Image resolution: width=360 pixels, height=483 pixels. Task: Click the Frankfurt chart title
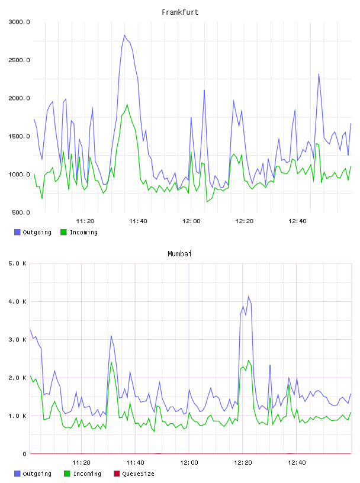pos(180,12)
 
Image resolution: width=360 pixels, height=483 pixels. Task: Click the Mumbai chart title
pos(179,254)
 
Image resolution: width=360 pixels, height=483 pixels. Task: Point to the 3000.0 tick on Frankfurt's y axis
pos(19,22)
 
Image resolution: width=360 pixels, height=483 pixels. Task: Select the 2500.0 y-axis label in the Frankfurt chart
pos(19,60)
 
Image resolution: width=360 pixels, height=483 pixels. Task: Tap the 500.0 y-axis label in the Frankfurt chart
pos(21,212)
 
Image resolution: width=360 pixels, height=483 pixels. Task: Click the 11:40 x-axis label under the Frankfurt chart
pos(138,221)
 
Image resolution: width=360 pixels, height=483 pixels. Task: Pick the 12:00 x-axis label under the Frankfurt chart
pos(191,221)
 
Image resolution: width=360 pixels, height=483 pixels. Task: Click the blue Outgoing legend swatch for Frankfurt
pos(17,232)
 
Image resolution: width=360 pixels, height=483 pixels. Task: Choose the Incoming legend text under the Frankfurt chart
pos(83,232)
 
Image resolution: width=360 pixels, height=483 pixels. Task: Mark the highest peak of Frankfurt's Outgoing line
pos(124,35)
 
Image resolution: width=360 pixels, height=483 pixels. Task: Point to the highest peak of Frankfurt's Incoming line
pos(127,105)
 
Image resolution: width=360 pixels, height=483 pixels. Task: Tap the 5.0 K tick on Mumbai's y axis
pos(17,263)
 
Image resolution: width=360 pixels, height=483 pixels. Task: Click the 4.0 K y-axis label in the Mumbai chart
pos(17,301)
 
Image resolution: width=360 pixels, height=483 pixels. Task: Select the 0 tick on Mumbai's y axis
pos(24,454)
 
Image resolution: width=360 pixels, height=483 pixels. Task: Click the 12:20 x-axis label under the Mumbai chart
pos(243,463)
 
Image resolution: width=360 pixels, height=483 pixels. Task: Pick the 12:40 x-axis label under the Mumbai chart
pos(297,463)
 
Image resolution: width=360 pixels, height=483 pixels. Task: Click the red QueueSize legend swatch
pos(117,474)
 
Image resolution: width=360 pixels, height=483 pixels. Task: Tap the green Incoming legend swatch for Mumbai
pos(67,474)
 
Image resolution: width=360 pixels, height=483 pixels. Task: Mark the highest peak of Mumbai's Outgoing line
pos(249,297)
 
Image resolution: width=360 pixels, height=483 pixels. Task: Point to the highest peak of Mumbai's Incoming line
pos(249,360)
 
